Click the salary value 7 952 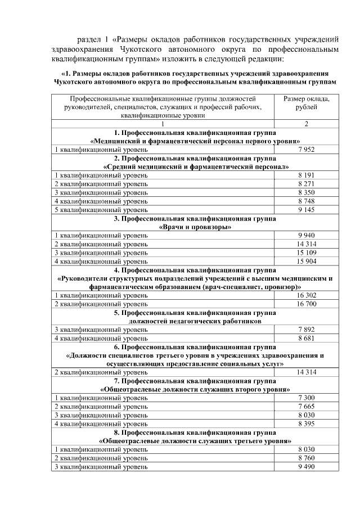(307, 150)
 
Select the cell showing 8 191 (307, 175)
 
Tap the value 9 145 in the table (307, 209)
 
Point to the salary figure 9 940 (307, 235)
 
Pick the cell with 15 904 (307, 261)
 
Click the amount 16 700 (307, 304)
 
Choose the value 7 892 (307, 330)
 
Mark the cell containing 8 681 (307, 338)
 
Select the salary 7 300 (307, 398)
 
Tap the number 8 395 (307, 424)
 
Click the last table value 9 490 (307, 466)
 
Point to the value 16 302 (307, 295)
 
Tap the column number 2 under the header (307, 124)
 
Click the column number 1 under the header (163, 124)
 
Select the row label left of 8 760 (101, 458)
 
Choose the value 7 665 (307, 407)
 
